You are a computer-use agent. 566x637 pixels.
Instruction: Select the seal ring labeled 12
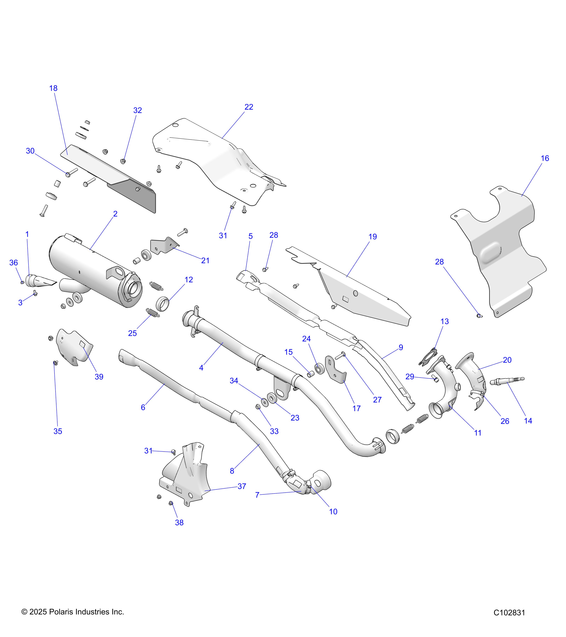pyautogui.click(x=162, y=304)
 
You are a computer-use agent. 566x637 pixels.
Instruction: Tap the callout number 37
pyautogui.click(x=242, y=486)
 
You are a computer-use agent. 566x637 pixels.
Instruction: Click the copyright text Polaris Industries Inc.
pyautogui.click(x=72, y=612)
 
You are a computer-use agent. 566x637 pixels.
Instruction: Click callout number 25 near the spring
pyautogui.click(x=132, y=334)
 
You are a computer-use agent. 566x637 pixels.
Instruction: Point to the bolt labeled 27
pyautogui.click(x=340, y=355)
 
